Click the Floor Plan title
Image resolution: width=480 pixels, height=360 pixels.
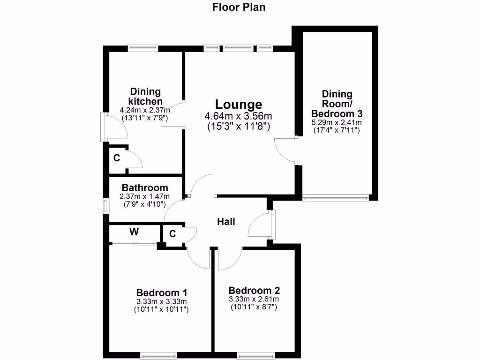click(x=239, y=7)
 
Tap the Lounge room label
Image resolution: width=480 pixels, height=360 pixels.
click(x=239, y=104)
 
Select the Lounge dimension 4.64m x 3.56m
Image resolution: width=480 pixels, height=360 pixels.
click(x=239, y=116)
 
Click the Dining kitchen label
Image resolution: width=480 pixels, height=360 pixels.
click(x=145, y=97)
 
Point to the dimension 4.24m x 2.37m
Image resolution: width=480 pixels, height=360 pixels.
click(x=145, y=111)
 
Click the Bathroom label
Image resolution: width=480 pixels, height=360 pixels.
click(x=145, y=187)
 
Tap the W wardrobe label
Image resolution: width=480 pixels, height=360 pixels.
click(x=134, y=232)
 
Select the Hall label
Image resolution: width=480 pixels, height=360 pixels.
click(x=226, y=222)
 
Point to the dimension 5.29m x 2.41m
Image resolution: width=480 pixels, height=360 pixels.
click(x=336, y=123)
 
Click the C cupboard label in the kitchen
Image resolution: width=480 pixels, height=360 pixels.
click(x=116, y=158)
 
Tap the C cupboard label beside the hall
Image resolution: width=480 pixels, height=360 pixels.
click(x=172, y=233)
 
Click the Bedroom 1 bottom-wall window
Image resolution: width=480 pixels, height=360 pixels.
click(x=159, y=355)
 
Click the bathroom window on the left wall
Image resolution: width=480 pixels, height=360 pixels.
click(x=105, y=205)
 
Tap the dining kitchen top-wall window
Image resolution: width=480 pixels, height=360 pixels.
click(x=143, y=48)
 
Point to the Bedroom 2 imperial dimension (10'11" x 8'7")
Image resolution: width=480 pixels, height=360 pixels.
click(x=254, y=307)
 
